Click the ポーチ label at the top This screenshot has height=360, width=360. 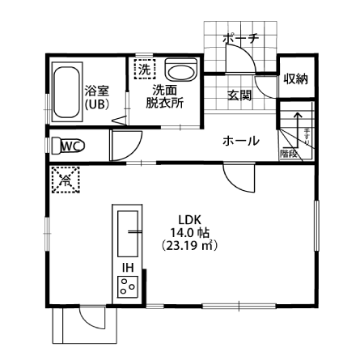(240, 38)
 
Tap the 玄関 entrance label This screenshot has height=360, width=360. (239, 95)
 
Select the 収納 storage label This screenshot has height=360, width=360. (296, 79)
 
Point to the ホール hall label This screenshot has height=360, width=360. (240, 142)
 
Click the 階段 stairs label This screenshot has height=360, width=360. (289, 152)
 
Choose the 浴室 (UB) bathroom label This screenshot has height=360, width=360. (97, 98)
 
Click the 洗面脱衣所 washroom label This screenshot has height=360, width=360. (164, 97)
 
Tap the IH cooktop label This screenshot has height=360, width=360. (128, 267)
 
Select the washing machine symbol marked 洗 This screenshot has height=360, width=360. (145, 70)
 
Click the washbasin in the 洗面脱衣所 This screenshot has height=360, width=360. (180, 72)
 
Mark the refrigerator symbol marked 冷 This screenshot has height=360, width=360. (64, 180)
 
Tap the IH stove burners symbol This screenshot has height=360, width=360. (128, 285)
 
